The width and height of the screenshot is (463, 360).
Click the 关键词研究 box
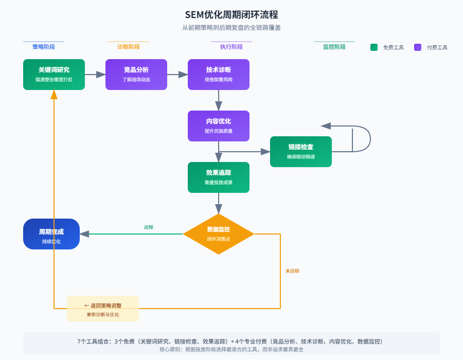pyautogui.click(x=54, y=75)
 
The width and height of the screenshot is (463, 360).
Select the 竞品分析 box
pyautogui.click(x=136, y=75)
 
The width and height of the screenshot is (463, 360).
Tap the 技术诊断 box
pyautogui.click(x=219, y=75)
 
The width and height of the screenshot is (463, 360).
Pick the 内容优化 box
pyautogui.click(x=219, y=126)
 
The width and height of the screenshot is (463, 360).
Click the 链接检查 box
pyautogui.click(x=301, y=152)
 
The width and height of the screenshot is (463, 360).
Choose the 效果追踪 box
pyautogui.click(x=219, y=177)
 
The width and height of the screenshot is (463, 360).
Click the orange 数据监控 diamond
pyautogui.click(x=219, y=234)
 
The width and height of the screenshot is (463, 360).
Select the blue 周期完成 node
pyautogui.click(x=51, y=234)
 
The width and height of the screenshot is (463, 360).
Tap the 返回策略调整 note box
pyautogui.click(x=103, y=309)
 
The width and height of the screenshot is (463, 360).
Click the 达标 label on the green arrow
pyautogui.click(x=149, y=227)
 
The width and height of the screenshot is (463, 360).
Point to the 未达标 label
pyautogui.click(x=292, y=271)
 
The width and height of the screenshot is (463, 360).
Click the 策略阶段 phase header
pyautogui.click(x=44, y=47)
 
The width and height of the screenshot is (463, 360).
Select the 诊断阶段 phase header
pyautogui.click(x=129, y=47)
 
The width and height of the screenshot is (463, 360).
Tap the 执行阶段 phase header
pyautogui.click(x=232, y=47)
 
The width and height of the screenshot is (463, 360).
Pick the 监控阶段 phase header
pyautogui.click(x=334, y=47)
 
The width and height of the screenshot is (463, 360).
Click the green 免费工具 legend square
pyautogui.click(x=374, y=47)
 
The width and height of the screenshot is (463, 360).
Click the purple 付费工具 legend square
pyautogui.click(x=418, y=47)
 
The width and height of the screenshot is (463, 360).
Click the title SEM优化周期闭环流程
pyautogui.click(x=232, y=15)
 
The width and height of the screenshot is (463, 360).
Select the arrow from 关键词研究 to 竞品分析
pyautogui.click(x=95, y=75)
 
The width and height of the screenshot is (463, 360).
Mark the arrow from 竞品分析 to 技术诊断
pyautogui.click(x=177, y=75)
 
